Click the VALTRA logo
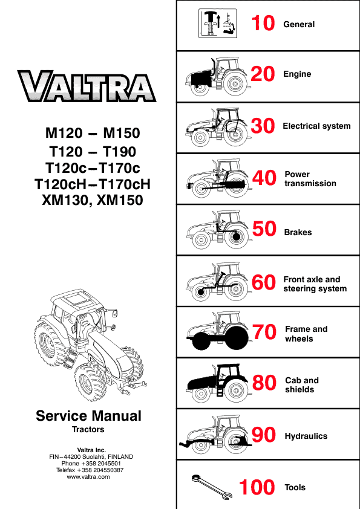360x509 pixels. pyautogui.click(x=87, y=86)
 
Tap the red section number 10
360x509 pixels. pyautogui.click(x=263, y=24)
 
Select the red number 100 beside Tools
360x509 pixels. pyautogui.click(x=257, y=487)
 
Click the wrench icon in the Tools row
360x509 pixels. pyautogui.click(x=212, y=486)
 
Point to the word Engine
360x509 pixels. pyautogui.click(x=297, y=74)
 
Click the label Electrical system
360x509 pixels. pyautogui.click(x=316, y=126)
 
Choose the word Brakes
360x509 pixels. pyautogui.click(x=298, y=232)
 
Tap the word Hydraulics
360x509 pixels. pyautogui.click(x=306, y=436)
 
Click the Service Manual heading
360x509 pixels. pyautogui.click(x=88, y=416)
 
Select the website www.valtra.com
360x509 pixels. pyautogui.click(x=88, y=477)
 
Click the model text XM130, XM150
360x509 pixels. pyautogui.click(x=93, y=200)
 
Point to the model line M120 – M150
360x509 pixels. pyautogui.click(x=93, y=133)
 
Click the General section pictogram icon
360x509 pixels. pyautogui.click(x=217, y=24)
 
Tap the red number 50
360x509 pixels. pyautogui.click(x=264, y=229)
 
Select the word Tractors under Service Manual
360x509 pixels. pyautogui.click(x=88, y=429)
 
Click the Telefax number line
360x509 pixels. pyautogui.click(x=90, y=470)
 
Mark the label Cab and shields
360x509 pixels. pyautogui.click(x=301, y=384)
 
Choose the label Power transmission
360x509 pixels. pyautogui.click(x=310, y=179)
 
